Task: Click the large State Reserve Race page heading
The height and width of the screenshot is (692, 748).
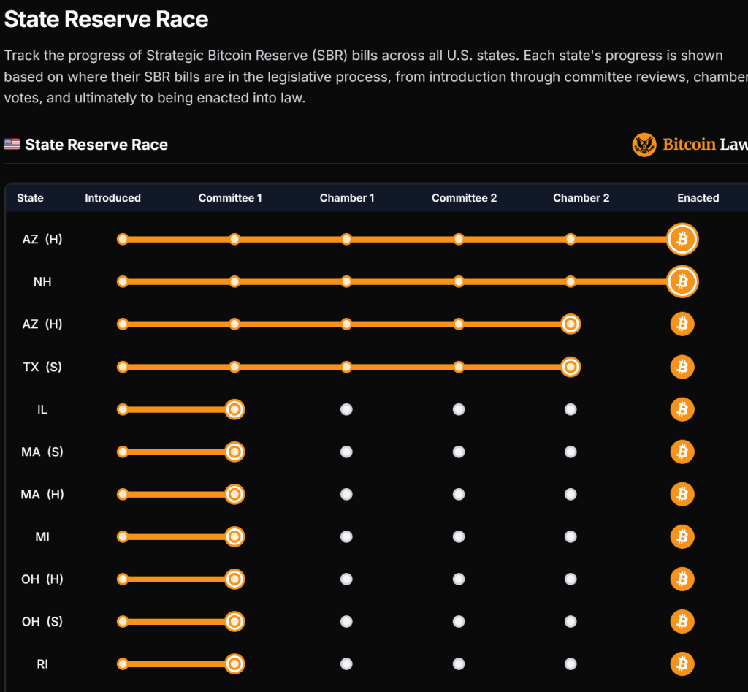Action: pyautogui.click(x=106, y=20)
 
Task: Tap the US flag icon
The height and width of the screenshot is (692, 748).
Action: pyautogui.click(x=12, y=144)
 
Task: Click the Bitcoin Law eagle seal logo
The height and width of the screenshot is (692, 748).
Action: pyautogui.click(x=644, y=145)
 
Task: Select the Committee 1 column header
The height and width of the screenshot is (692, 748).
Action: pyautogui.click(x=230, y=198)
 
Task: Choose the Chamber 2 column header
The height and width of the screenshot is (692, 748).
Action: pyautogui.click(x=581, y=198)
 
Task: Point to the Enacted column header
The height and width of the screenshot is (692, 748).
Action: pyautogui.click(x=698, y=198)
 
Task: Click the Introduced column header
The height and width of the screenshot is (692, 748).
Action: pyautogui.click(x=112, y=198)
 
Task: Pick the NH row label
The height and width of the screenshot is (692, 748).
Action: pyautogui.click(x=42, y=281)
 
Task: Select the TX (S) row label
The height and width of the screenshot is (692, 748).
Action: pyautogui.click(x=42, y=367)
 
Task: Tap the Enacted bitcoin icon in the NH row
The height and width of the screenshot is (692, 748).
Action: pyautogui.click(x=682, y=281)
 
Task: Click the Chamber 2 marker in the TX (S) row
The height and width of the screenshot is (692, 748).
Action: pyautogui.click(x=570, y=367)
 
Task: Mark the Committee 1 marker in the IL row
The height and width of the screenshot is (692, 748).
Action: pyautogui.click(x=234, y=409)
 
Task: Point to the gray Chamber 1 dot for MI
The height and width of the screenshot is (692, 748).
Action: pyautogui.click(x=346, y=537)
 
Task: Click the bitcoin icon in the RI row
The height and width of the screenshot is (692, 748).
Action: pyautogui.click(x=682, y=664)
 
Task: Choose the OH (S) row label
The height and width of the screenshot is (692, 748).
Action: pyautogui.click(x=42, y=622)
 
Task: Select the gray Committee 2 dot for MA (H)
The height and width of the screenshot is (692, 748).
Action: pyautogui.click(x=458, y=495)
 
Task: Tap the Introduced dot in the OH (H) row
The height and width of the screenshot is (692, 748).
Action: pyautogui.click(x=123, y=579)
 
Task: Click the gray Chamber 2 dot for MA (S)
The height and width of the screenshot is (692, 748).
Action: pyautogui.click(x=570, y=452)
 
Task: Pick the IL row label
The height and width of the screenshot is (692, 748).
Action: pyautogui.click(x=42, y=409)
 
